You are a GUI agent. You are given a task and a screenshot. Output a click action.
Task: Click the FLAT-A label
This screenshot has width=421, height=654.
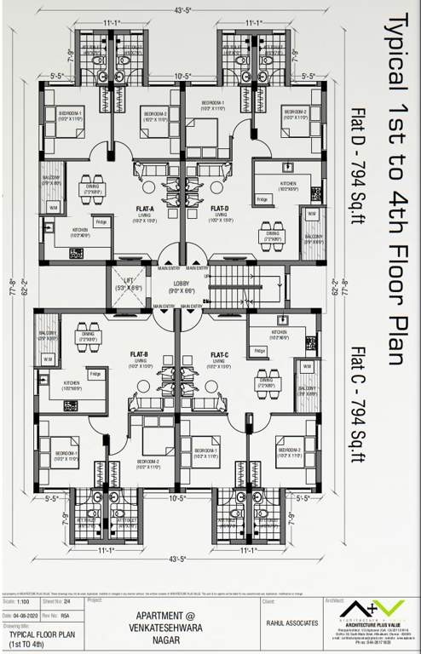coord(144,208)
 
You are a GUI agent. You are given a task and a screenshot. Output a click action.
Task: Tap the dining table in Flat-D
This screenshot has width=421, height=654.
coord(270,235)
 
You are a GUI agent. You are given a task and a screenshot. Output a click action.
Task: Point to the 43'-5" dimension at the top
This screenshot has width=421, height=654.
coord(181,10)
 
